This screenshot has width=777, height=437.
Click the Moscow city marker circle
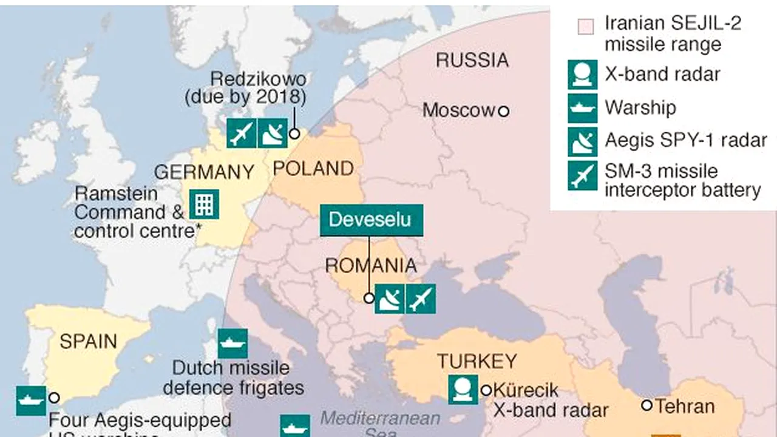click(503, 111)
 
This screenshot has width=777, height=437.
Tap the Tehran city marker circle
click(646, 405)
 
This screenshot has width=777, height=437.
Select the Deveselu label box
click(371, 220)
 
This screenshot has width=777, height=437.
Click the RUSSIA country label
click(472, 60)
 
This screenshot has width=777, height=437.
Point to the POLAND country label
click(313, 168)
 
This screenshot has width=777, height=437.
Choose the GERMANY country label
click(204, 172)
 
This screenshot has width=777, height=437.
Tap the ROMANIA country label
click(371, 265)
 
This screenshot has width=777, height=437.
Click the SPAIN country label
click(88, 340)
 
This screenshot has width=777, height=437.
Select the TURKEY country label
click(477, 361)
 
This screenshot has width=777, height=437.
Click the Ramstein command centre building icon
click(204, 204)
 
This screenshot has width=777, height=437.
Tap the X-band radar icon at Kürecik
click(463, 390)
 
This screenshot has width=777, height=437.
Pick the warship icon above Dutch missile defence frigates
click(232, 344)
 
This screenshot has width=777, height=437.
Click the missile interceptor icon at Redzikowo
click(242, 133)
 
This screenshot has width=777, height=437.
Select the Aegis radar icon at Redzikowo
click(272, 133)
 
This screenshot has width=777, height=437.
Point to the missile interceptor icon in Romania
click(421, 299)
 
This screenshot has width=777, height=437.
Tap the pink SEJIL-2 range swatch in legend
click(585, 26)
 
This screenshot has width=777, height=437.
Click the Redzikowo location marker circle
click(294, 134)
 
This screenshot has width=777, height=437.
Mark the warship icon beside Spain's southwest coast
click(31, 401)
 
